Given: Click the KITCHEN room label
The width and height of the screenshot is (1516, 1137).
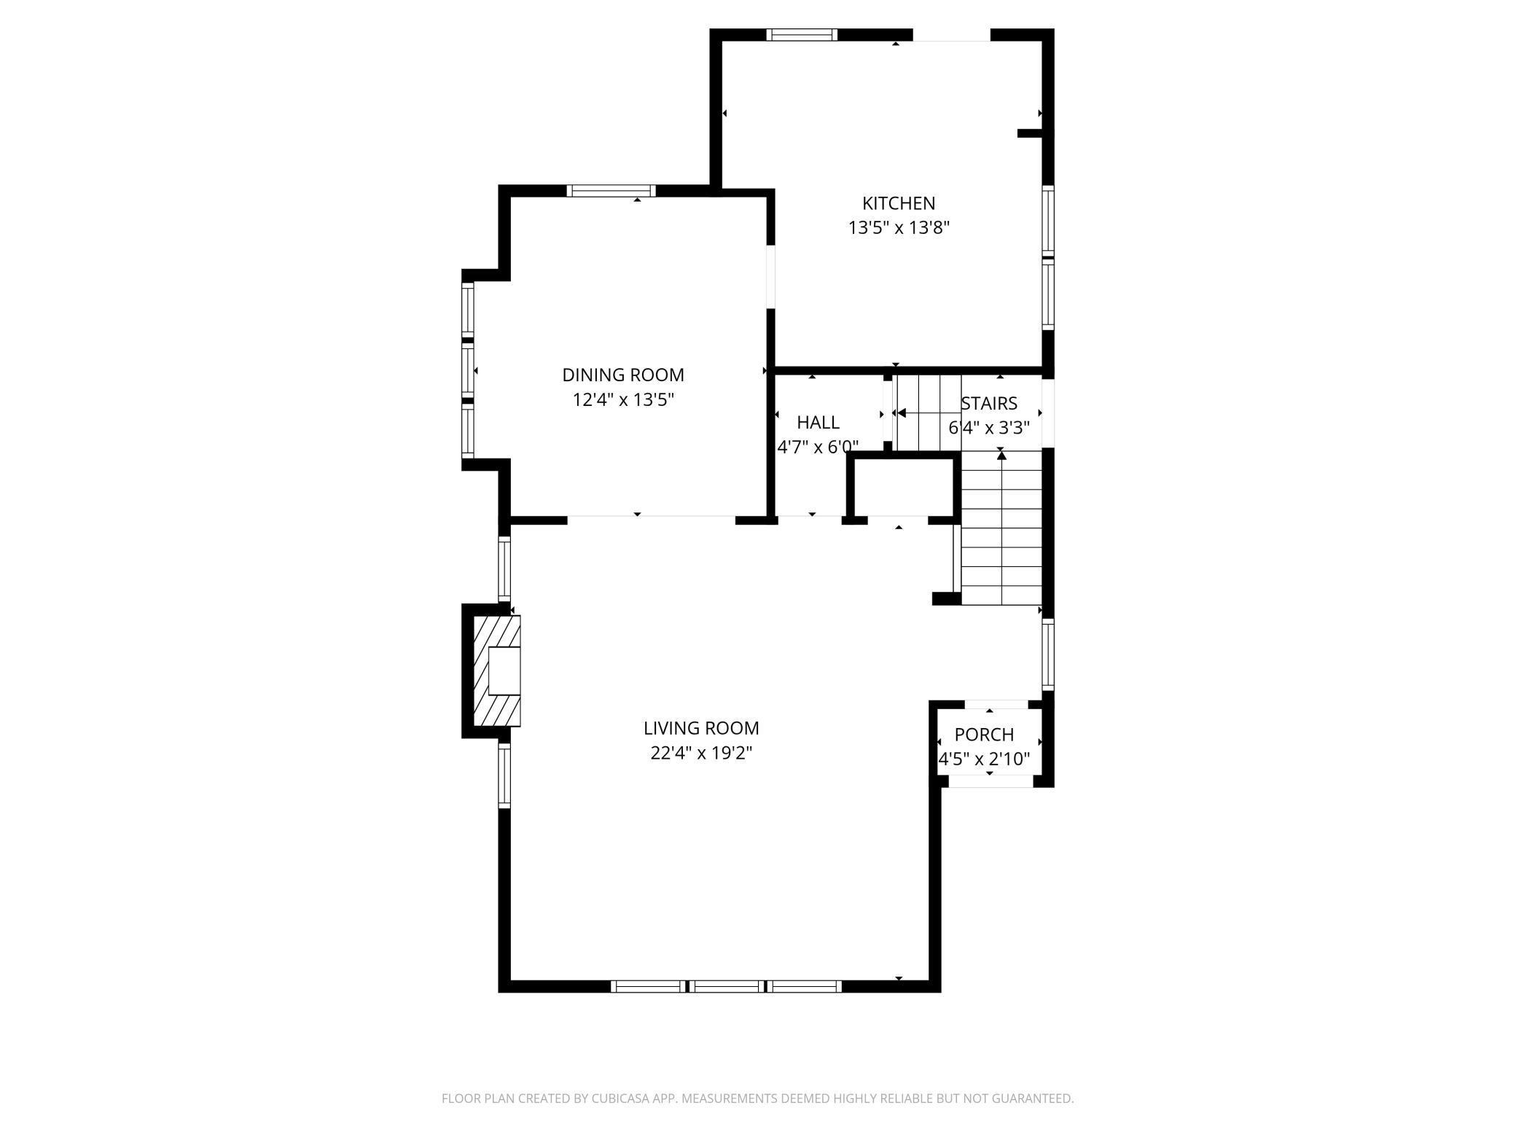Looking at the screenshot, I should pyautogui.click(x=898, y=203).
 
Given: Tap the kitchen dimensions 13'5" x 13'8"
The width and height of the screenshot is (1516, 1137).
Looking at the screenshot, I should pyautogui.click(x=898, y=228).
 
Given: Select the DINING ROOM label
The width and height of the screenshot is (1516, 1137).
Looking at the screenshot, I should pyautogui.click(x=622, y=375).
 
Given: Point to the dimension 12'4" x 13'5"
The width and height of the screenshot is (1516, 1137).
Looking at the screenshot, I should pyautogui.click(x=622, y=400).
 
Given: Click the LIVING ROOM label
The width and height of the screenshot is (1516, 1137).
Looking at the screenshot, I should pyautogui.click(x=700, y=728).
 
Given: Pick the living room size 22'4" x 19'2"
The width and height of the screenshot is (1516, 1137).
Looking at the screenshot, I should pyautogui.click(x=700, y=753).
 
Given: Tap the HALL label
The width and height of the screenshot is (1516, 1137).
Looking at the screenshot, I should pyautogui.click(x=818, y=423).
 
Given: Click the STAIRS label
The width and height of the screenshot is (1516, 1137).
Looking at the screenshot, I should pyautogui.click(x=988, y=404).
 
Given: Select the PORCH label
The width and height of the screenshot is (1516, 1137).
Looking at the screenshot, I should pyautogui.click(x=984, y=735).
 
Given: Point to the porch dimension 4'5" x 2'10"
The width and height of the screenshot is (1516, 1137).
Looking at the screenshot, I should pyautogui.click(x=984, y=759).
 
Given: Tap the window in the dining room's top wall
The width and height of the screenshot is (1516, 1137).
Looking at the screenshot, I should pyautogui.click(x=611, y=191).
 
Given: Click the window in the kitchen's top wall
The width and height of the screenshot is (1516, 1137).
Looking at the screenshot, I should pyautogui.click(x=802, y=34).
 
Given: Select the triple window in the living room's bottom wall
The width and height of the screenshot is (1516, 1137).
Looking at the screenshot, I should pyautogui.click(x=726, y=986).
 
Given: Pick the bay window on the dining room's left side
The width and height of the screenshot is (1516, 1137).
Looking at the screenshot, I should pyautogui.click(x=468, y=370).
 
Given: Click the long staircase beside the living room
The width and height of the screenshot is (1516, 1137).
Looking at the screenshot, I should pyautogui.click(x=1001, y=528).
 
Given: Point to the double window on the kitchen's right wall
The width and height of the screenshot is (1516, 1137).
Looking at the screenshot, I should pyautogui.click(x=1047, y=257).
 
